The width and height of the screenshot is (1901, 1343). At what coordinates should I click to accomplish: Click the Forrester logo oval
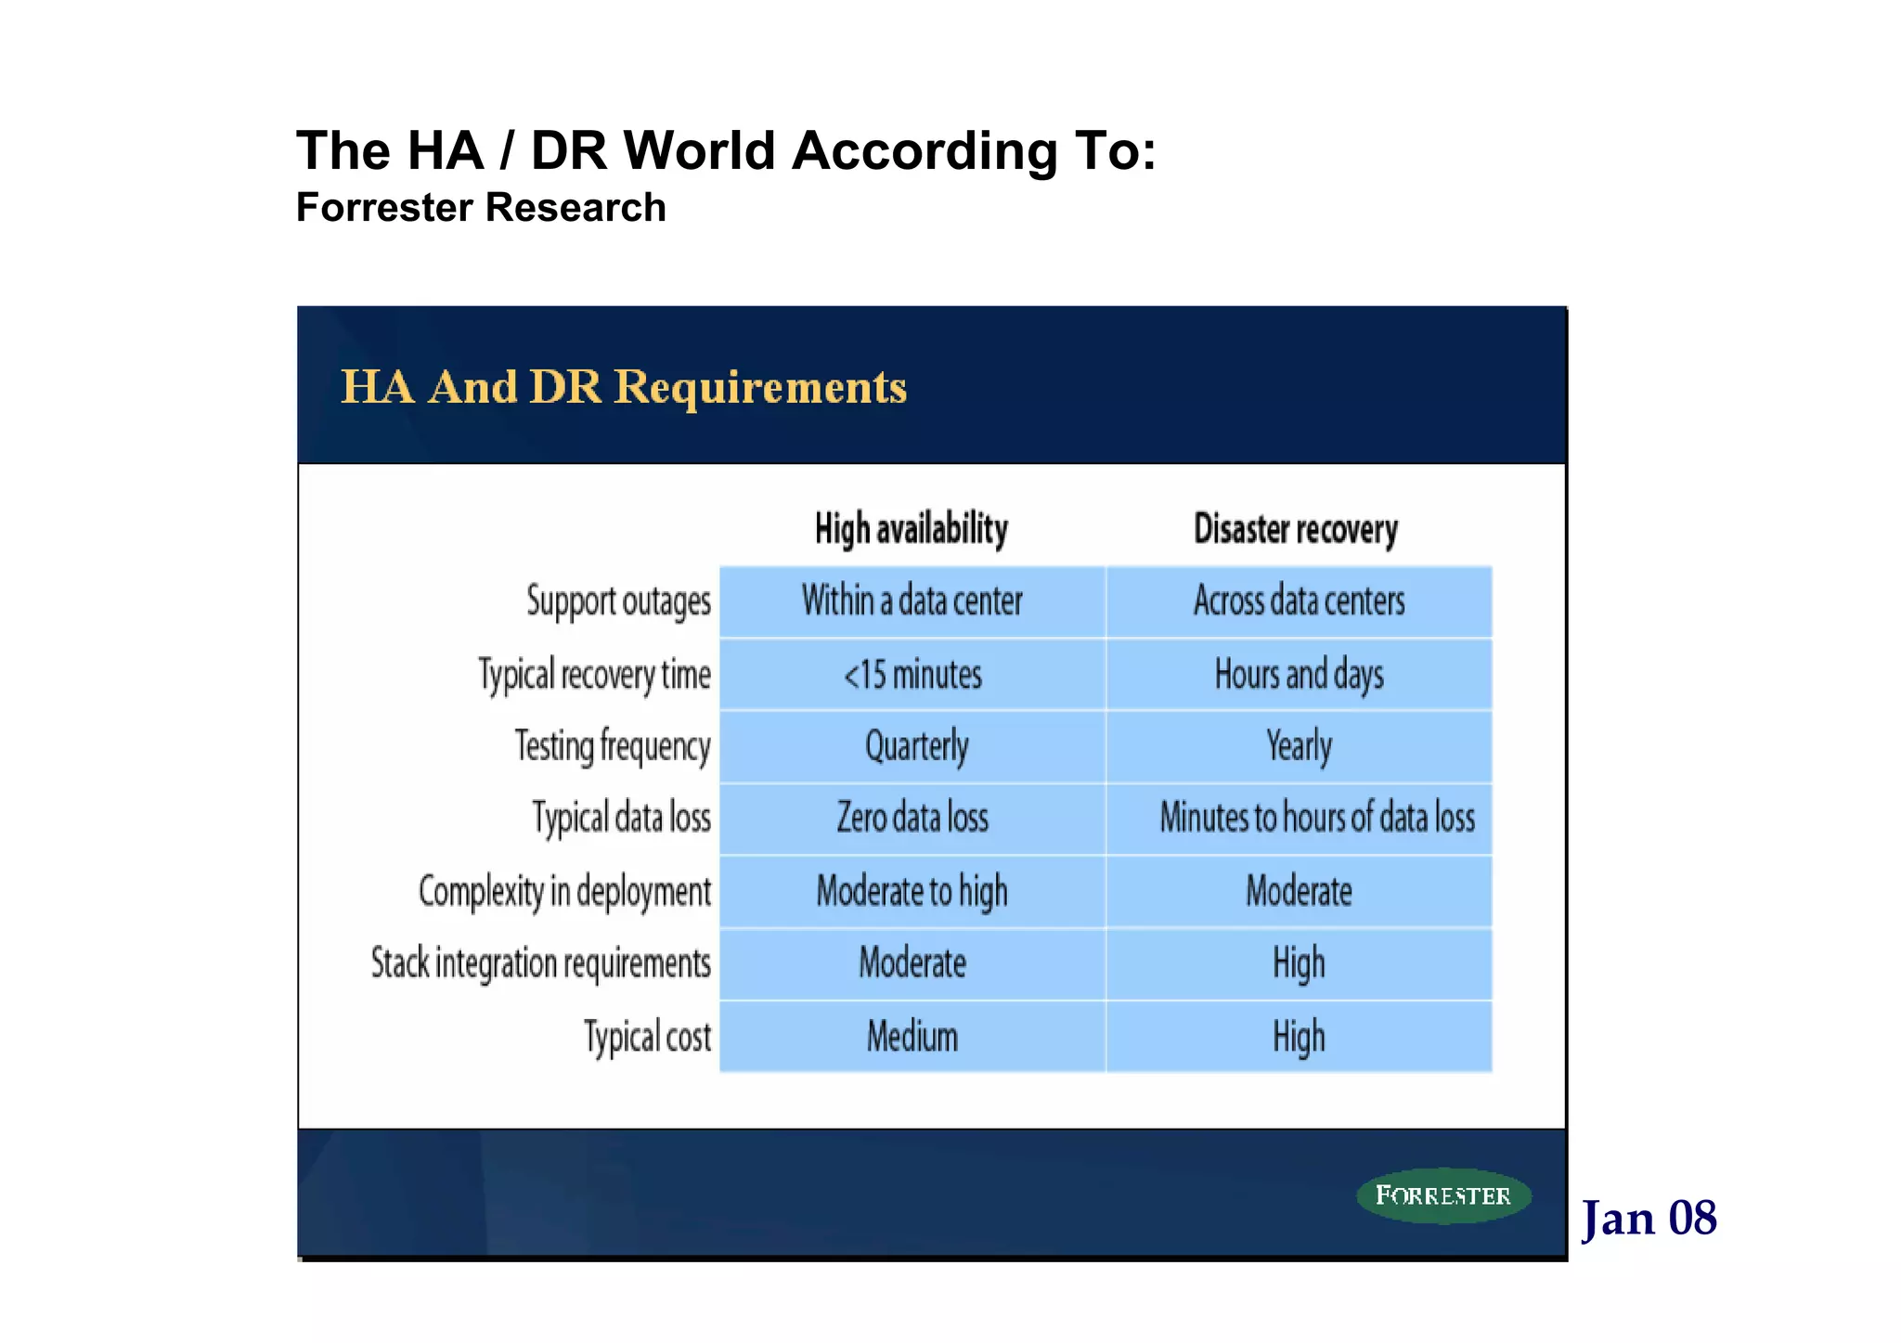tap(1443, 1195)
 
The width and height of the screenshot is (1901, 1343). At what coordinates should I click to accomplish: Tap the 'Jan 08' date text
tap(1649, 1218)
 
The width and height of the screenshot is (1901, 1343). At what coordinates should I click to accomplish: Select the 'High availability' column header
tap(912, 529)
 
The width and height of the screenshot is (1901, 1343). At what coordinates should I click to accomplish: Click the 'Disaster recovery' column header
tap(1296, 529)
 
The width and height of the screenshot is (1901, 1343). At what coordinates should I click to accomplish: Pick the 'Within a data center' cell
tap(912, 601)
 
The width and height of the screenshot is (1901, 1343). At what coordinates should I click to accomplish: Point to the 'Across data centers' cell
tap(1299, 601)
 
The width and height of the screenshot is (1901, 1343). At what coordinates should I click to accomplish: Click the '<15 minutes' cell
tap(912, 675)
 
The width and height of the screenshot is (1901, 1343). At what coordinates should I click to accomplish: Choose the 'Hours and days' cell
tap(1299, 675)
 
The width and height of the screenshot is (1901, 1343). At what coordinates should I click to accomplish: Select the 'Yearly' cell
tap(1299, 746)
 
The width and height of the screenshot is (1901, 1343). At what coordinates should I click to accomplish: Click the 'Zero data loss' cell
tap(912, 819)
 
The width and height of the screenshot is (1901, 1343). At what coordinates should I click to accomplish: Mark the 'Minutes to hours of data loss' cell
tap(1317, 819)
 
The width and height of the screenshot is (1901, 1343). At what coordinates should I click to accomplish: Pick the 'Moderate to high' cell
tap(912, 891)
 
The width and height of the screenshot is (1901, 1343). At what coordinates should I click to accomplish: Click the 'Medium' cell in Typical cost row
tap(912, 1037)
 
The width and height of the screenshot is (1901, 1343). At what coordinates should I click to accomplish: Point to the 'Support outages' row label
tap(619, 601)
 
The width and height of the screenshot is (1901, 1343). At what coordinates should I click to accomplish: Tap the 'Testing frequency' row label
tap(613, 746)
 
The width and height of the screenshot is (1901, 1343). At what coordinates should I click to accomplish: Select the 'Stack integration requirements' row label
tap(541, 963)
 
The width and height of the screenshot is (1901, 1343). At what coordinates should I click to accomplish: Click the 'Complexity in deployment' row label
tap(564, 891)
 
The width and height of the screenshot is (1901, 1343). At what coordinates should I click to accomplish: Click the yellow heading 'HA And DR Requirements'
tap(624, 386)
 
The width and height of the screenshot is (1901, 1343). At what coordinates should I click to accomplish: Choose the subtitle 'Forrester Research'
tap(481, 207)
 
